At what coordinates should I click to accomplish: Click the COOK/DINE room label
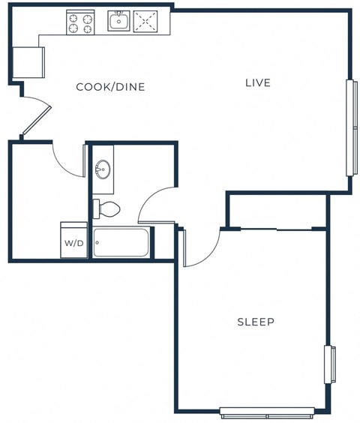coord(110,87)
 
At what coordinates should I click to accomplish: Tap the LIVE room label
coord(257,82)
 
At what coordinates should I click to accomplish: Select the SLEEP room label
coord(256,322)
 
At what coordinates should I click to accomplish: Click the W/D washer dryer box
coord(73,241)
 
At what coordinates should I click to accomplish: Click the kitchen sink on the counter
coord(118,22)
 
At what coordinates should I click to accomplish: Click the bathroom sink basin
coord(102,168)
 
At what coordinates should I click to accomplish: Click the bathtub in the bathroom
coord(121,243)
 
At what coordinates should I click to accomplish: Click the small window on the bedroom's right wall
coord(328,365)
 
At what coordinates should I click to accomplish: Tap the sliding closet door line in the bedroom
coord(277,228)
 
